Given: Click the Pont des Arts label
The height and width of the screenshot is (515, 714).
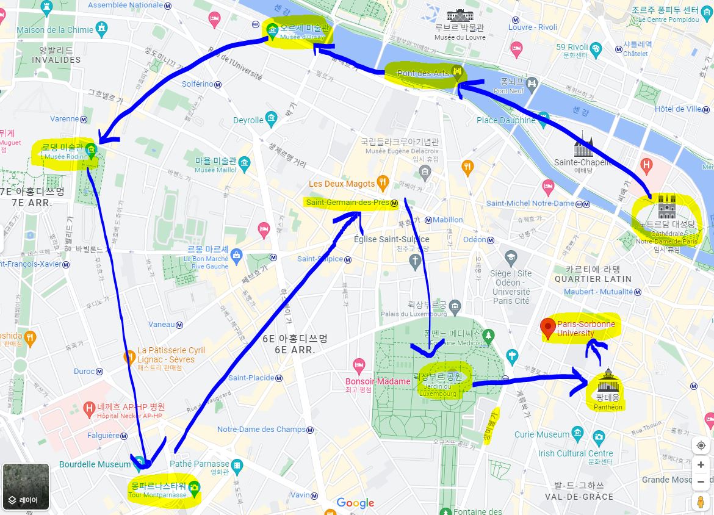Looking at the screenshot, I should point(423,73).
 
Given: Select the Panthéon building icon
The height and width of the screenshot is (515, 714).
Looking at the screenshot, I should point(608,381).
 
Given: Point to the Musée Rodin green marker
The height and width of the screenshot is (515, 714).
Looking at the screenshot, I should point(91,149).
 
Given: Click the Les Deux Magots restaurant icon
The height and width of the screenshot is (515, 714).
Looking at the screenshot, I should point(383,181).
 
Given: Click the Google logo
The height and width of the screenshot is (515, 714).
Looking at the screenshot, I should point(355,503).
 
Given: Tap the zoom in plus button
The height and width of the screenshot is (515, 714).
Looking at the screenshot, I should point(701,465).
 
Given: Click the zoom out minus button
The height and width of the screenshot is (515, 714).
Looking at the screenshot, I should point(701,481).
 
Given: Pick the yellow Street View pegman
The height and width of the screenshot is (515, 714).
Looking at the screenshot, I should point(701,502).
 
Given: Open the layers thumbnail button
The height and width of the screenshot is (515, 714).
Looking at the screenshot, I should point(26,486).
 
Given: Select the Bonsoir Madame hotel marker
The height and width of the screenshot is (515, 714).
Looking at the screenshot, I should point(359,366).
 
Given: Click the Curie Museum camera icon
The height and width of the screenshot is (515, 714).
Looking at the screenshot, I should point(598,437).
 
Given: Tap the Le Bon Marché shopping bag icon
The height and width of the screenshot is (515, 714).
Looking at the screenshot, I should point(236,255).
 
